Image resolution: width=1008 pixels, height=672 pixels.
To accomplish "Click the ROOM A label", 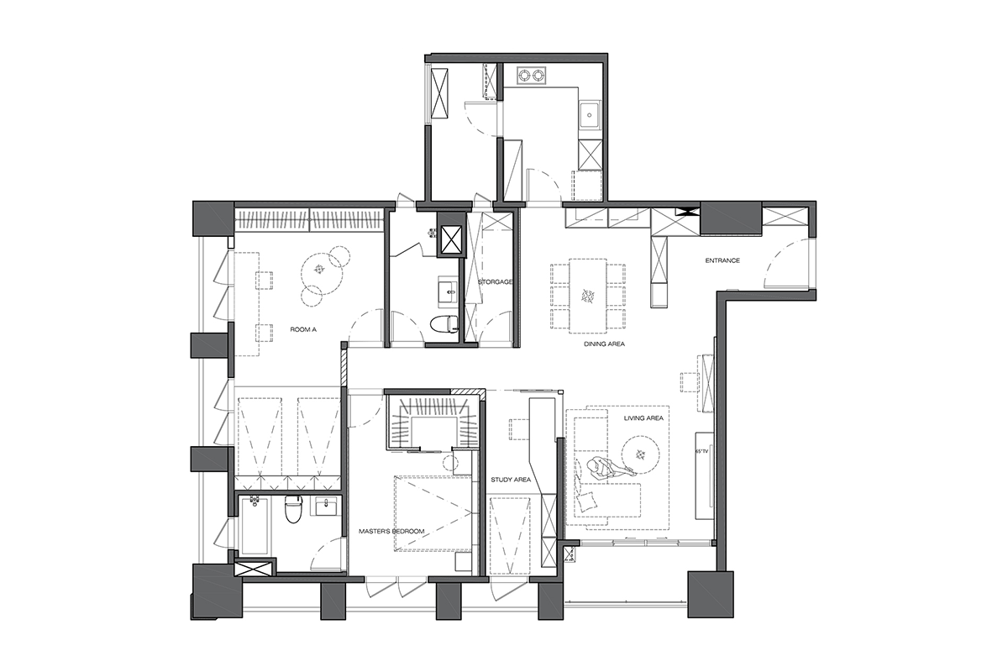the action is [303, 329].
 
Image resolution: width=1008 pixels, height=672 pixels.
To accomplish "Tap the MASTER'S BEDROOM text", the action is [391, 531].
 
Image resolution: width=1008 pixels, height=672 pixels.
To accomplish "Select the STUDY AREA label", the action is [511, 480].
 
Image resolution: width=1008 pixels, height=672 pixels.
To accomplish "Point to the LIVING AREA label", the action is [643, 417].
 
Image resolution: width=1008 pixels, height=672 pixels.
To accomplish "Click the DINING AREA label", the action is [604, 344].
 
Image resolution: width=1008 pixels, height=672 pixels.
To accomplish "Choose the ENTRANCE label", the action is [722, 260].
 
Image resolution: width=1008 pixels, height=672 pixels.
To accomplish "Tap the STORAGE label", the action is [495, 281].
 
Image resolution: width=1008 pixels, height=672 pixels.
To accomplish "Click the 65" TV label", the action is [701, 450].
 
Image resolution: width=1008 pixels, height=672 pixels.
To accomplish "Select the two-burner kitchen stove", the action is [532, 75].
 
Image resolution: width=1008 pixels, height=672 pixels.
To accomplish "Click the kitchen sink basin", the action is [589, 114].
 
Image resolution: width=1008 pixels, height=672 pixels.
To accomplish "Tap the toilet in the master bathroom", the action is [293, 509].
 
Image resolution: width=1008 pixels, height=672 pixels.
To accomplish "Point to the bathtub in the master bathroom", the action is [255, 525].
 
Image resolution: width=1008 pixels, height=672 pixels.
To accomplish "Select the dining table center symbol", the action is [588, 296].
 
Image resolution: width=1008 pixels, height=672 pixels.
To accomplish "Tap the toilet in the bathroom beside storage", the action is [444, 324].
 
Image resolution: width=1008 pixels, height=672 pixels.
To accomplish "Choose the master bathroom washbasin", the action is [325, 507].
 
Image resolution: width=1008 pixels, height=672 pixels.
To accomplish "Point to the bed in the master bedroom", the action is [433, 513].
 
